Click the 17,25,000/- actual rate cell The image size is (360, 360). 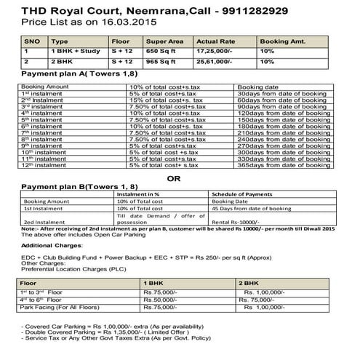tap(220, 53)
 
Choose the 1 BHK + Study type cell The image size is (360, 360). tap(77, 53)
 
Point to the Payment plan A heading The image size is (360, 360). tap(73, 75)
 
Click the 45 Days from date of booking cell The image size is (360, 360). tap(254, 209)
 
